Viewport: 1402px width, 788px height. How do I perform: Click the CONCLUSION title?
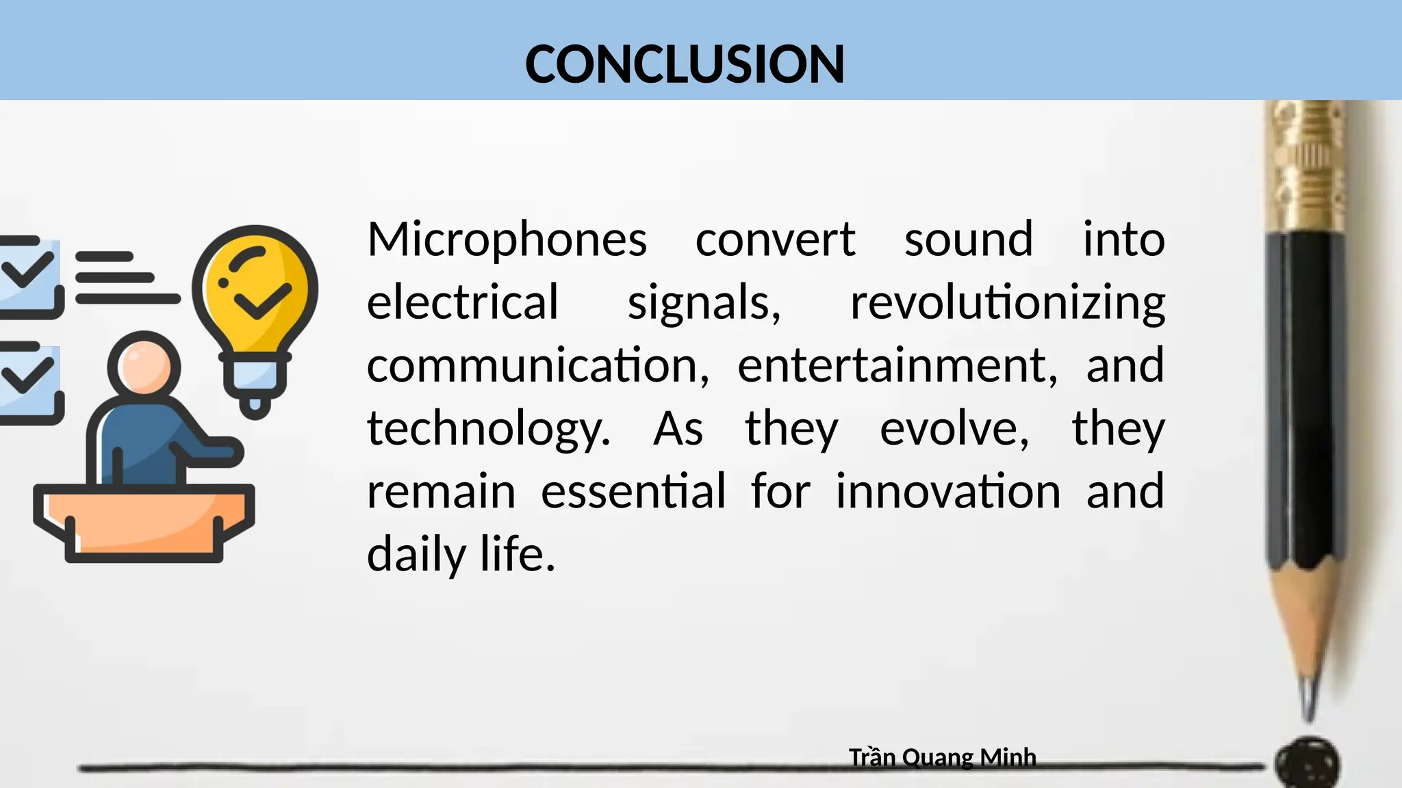pyautogui.click(x=685, y=64)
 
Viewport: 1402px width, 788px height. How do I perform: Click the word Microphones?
pyautogui.click(x=507, y=239)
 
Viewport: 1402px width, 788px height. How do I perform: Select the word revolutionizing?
pyautogui.click(x=1007, y=302)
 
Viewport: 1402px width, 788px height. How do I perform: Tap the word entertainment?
pyautogui.click(x=897, y=365)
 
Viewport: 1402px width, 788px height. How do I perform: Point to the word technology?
pyautogui.click(x=487, y=429)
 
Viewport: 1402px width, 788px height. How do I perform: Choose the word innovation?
pyautogui.click(x=948, y=491)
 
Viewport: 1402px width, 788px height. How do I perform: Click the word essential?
pyautogui.click(x=633, y=491)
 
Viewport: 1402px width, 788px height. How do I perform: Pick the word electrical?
pyautogui.click(x=463, y=302)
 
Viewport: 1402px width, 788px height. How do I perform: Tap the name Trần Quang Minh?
pyautogui.click(x=942, y=757)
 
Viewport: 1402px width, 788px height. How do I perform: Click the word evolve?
pyautogui.click(x=954, y=429)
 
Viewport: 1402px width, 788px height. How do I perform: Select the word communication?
pyautogui.click(x=537, y=365)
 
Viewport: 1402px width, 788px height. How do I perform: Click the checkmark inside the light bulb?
pyautogui.click(x=262, y=300)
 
